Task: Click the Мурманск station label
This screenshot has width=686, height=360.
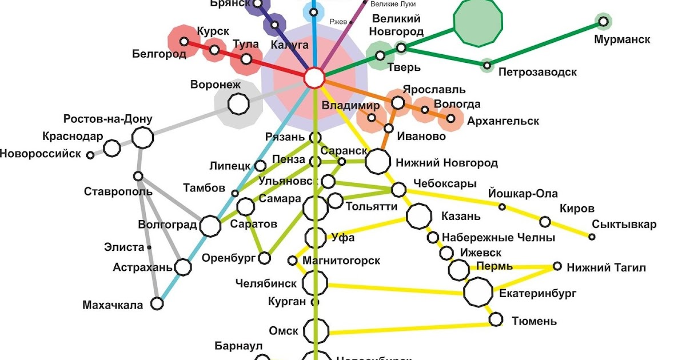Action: coord(622,40)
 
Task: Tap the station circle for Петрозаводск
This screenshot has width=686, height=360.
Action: coord(486,66)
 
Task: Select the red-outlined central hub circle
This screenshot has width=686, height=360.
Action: coord(314,78)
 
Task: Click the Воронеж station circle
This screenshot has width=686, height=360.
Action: coord(238,103)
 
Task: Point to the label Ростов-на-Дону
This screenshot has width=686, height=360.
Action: coord(108,119)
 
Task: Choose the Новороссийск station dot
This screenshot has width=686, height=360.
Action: coord(90,155)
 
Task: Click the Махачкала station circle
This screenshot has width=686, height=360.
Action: coord(157,303)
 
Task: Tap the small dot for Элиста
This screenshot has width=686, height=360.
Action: coord(149,247)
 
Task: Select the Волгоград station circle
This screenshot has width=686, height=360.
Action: coord(210,226)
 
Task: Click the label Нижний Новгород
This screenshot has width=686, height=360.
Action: coord(447,163)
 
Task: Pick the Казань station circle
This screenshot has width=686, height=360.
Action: coord(419,216)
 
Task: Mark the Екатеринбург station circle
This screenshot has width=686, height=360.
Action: coord(477,293)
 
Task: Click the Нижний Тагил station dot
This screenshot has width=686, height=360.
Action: coord(557,266)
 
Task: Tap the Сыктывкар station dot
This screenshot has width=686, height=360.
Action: coord(592,237)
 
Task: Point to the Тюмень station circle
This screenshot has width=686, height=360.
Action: coord(496,319)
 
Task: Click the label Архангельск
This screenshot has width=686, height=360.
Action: coord(503,121)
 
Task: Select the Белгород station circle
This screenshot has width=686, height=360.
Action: coord(184,41)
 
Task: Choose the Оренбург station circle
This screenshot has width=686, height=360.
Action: coord(264,258)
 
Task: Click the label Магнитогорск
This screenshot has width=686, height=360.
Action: coord(341,261)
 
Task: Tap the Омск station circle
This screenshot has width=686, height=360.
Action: coord(316,330)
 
